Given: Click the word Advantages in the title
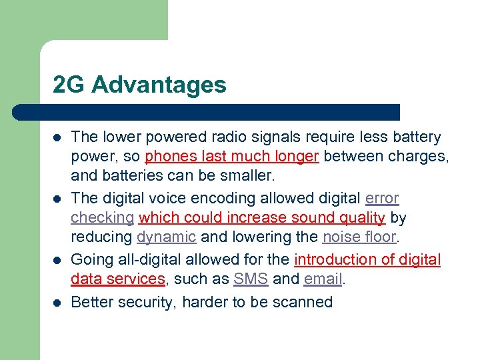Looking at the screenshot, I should pyautogui.click(x=159, y=85).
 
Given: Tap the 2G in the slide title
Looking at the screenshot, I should pyautogui.click(x=69, y=85).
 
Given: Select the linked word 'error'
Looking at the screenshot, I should pyautogui.click(x=382, y=198).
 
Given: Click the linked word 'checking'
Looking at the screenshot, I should pyautogui.click(x=102, y=219).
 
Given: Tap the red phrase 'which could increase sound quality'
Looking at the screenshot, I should pyautogui.click(x=262, y=218).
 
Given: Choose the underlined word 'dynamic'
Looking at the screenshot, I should pyautogui.click(x=166, y=238).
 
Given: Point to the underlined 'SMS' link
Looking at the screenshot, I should pyautogui.click(x=251, y=279).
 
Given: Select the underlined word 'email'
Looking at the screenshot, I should pyautogui.click(x=323, y=279).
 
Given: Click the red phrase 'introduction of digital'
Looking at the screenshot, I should pyautogui.click(x=367, y=259).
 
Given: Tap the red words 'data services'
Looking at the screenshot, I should pyautogui.click(x=117, y=279).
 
